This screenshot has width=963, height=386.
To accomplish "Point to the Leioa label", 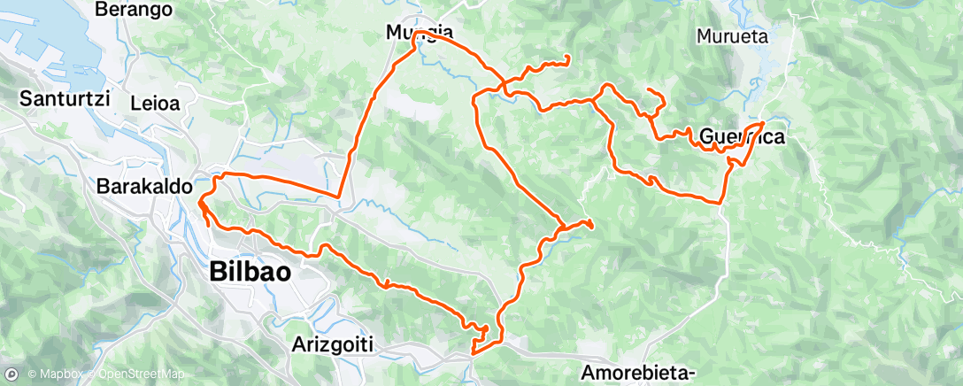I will pyautogui.click(x=155, y=103).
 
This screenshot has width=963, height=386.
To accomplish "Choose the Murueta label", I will pyautogui.click(x=732, y=36).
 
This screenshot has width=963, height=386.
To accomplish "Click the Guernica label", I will pyautogui.click(x=742, y=136).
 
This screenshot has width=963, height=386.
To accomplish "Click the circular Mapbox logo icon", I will pyautogui.click(x=12, y=374).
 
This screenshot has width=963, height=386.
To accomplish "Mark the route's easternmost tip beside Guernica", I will pyautogui.click(x=763, y=122).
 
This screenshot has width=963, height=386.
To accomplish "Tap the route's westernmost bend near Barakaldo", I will pyautogui.click(x=200, y=202).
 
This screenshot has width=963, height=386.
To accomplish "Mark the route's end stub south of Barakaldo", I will pyautogui.click(x=209, y=226).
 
